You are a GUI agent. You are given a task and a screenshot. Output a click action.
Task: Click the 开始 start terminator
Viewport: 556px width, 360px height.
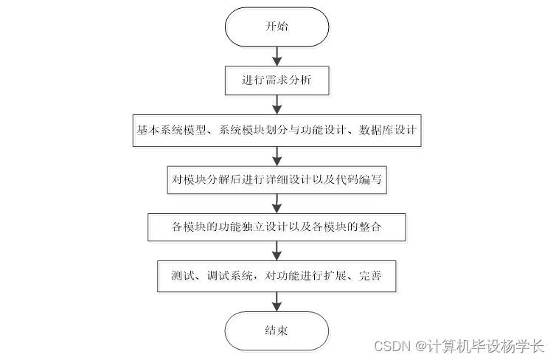pos(277,27)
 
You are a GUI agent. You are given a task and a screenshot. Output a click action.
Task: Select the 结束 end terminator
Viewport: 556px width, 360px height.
pos(277,330)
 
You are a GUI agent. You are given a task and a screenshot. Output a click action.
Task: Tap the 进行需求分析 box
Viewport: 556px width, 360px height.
pos(277,80)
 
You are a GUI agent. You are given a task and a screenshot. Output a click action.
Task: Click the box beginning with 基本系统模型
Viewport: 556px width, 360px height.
pos(277,130)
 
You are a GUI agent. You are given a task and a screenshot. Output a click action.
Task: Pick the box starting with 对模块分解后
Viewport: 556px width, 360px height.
pos(277,179)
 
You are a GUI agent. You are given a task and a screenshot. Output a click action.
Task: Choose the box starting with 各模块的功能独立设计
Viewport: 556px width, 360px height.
pos(277,227)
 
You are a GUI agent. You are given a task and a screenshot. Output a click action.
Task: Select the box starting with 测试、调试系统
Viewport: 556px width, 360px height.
pos(277,276)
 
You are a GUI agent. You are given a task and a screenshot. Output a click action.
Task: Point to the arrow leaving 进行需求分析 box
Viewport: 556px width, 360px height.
pos(277,105)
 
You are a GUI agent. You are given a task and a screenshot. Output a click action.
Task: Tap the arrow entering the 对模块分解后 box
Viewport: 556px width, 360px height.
pos(277,154)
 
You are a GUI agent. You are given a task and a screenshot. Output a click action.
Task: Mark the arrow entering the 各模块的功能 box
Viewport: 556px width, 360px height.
pos(277,203)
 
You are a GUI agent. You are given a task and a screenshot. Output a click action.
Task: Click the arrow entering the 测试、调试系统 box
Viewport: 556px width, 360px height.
pos(277,252)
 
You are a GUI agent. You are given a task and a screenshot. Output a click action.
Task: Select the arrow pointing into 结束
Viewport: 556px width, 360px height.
pos(277,301)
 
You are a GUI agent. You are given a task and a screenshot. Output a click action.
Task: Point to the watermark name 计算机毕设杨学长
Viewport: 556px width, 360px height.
pos(484,346)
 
